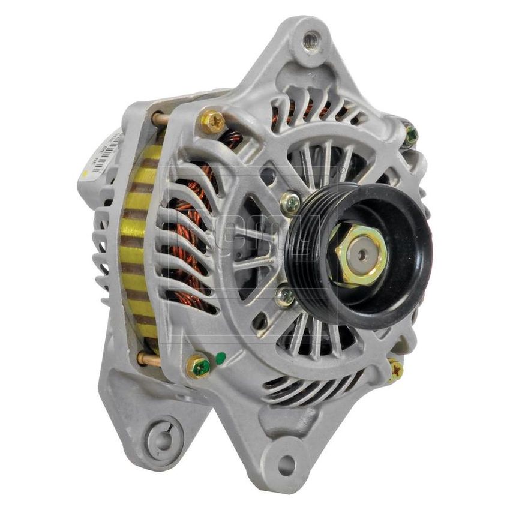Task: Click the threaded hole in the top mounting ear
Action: pyautogui.click(x=310, y=41)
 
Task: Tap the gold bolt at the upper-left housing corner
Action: pyautogui.click(x=212, y=122)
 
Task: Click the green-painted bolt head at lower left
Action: pyautogui.click(x=199, y=366)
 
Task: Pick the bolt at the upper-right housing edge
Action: pyautogui.click(x=410, y=135)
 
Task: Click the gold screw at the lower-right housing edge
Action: pyautogui.click(x=395, y=369)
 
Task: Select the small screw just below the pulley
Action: pyautogui.click(x=284, y=296)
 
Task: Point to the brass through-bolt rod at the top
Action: pyautogui.click(x=160, y=119)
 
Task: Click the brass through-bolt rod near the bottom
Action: pyautogui.click(x=148, y=359)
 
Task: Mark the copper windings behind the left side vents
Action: pyautogui.click(x=192, y=240)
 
